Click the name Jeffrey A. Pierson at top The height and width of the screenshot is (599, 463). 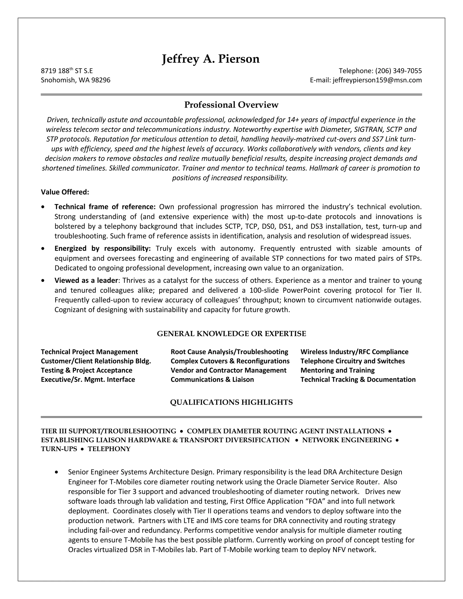point(210,59)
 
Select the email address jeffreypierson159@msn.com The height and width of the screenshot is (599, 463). point(377,80)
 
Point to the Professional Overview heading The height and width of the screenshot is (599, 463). point(231,105)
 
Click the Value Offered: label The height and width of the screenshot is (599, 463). point(65,192)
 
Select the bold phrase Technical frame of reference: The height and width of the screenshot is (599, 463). point(105,207)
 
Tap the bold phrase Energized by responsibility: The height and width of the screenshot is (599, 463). point(103,248)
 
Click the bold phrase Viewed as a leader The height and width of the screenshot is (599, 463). point(86,280)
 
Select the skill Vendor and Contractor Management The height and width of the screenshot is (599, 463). point(228,370)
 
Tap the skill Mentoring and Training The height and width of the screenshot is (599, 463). point(337,370)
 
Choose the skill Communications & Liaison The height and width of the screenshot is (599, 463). point(212,380)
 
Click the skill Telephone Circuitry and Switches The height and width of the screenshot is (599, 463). point(352,361)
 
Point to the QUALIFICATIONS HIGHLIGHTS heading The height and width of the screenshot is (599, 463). point(231,402)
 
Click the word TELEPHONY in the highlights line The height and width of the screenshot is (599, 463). point(109,449)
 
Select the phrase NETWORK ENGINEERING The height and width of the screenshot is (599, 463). point(347,440)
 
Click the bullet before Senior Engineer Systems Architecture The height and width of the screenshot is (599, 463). point(57,472)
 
